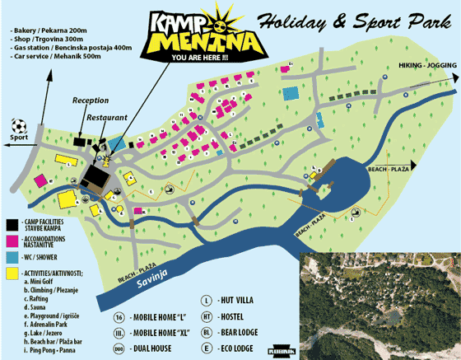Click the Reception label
90,101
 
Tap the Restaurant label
106,118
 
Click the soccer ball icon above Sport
19,126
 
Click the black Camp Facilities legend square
11,223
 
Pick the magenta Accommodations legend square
11,240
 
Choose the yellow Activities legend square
11,273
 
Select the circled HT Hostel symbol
207,316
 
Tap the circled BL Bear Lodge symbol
207,332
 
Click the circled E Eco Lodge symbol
207,348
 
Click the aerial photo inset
380,306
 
